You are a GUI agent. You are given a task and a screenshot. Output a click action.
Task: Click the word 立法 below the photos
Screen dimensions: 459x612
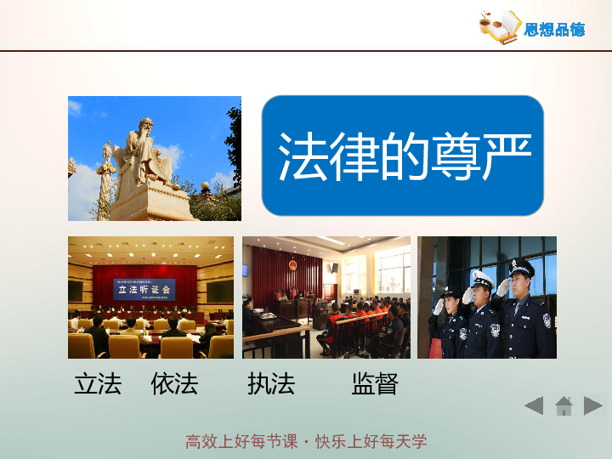[98, 384]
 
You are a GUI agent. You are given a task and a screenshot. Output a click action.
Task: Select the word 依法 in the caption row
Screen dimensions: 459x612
[174, 384]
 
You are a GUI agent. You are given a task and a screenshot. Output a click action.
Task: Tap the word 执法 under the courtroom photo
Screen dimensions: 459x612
[271, 384]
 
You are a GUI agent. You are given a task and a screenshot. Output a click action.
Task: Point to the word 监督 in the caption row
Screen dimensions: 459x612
[375, 384]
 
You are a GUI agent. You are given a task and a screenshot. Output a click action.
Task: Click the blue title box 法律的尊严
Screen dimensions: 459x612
[402, 156]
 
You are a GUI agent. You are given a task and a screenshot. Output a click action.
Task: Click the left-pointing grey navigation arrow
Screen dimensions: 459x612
[534, 405]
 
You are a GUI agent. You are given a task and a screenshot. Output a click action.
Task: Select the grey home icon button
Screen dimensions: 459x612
[564, 406]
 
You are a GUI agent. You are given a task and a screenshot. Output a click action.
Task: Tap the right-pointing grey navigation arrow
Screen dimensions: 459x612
[593, 405]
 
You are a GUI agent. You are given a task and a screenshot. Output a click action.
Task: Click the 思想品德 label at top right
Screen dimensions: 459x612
[554, 30]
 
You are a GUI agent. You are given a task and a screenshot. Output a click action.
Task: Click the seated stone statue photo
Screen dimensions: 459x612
[154, 158]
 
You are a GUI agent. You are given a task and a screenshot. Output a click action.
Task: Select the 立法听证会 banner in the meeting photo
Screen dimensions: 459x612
[144, 289]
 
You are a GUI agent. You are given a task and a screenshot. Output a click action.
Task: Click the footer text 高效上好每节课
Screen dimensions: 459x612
[241, 441]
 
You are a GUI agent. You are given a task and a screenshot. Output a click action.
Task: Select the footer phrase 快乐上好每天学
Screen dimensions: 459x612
[371, 441]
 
